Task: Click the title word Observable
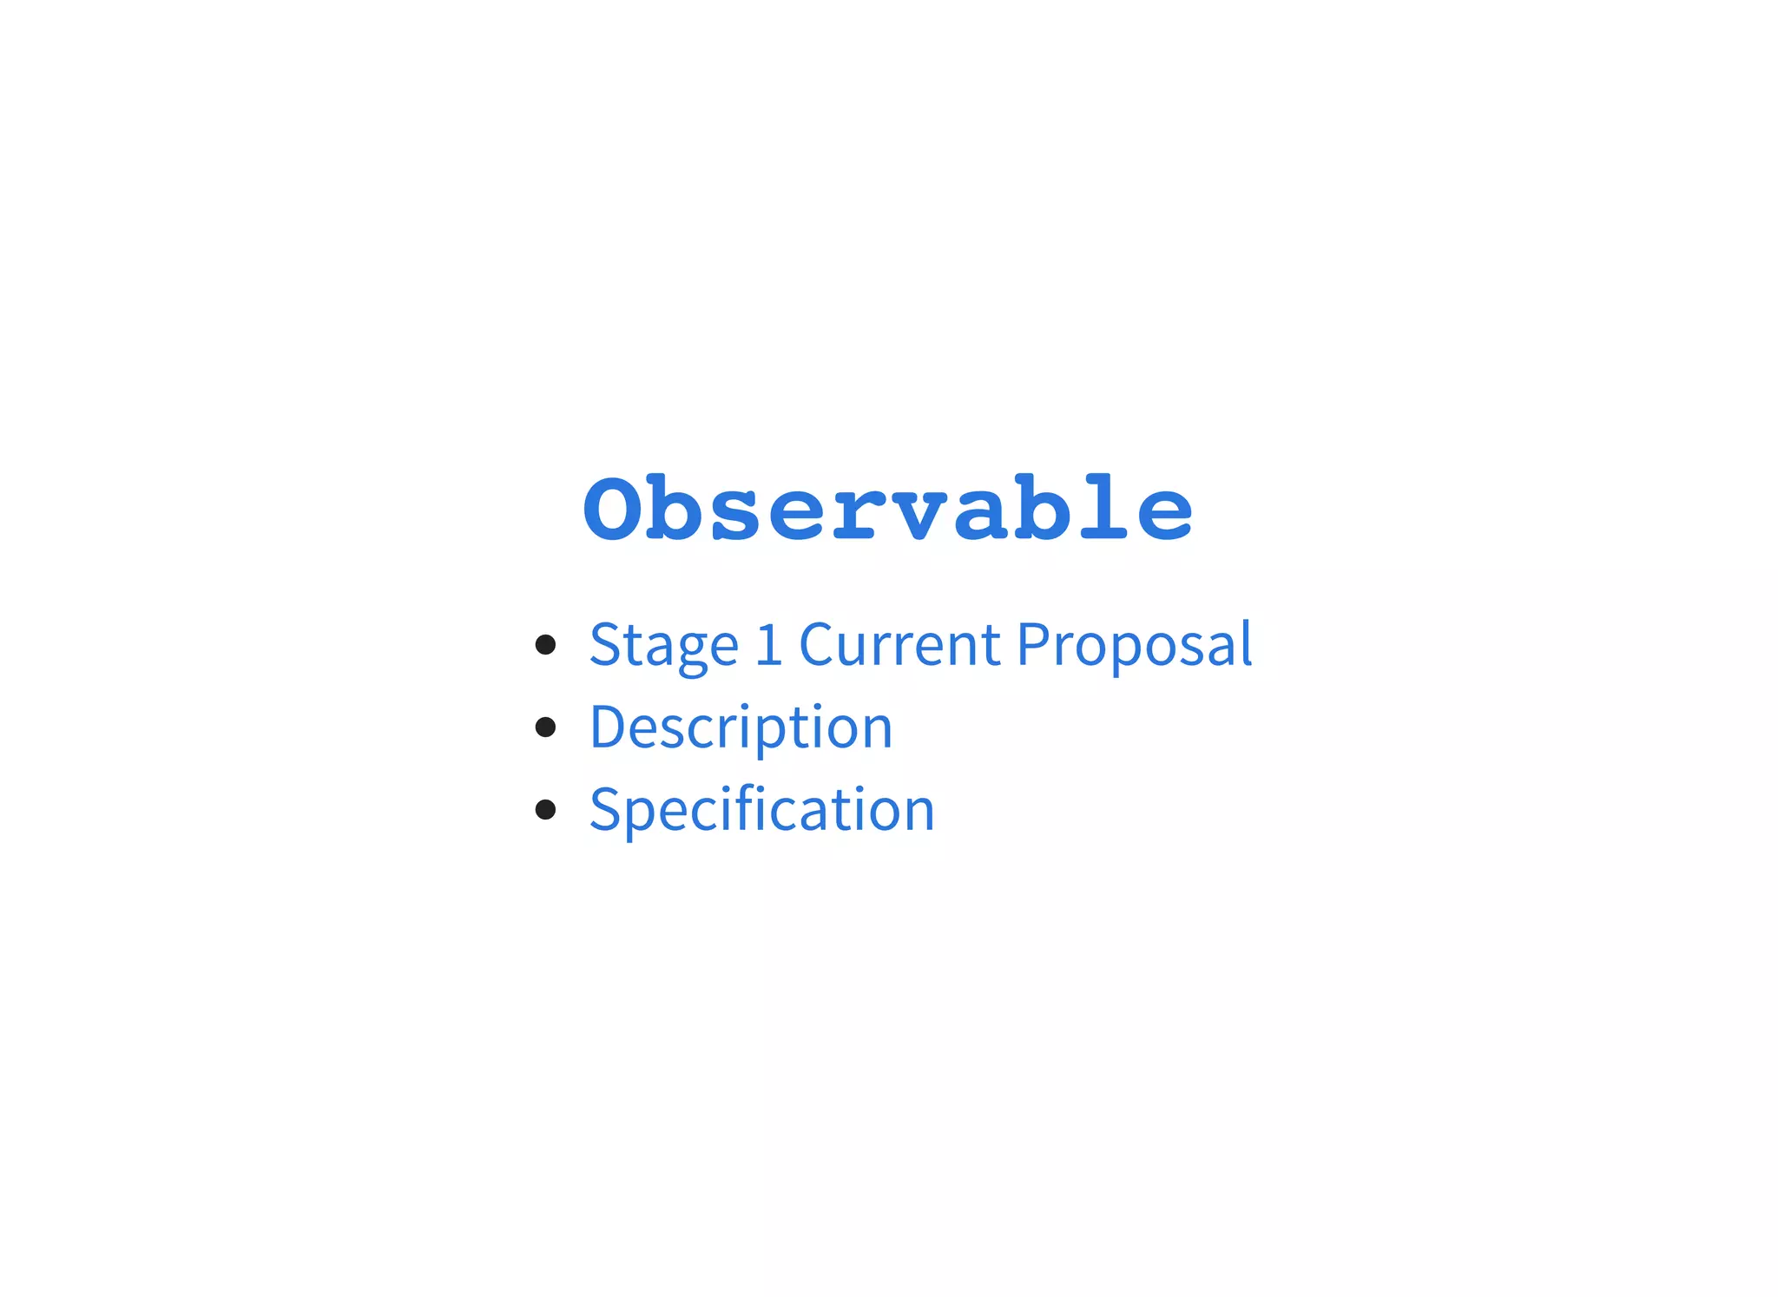[888, 510]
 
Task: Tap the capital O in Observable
[615, 510]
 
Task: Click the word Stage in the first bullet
[664, 646]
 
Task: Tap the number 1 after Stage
[768, 645]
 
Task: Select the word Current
[899, 645]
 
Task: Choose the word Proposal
[1134, 645]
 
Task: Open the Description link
[741, 728]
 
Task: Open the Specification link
[761, 810]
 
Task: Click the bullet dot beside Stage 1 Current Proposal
[545, 644]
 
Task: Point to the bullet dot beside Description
[545, 727]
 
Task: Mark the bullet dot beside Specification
[545, 809]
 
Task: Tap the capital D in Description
[608, 727]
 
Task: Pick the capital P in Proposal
[1033, 644]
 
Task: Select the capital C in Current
[816, 645]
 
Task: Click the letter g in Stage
[695, 652]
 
